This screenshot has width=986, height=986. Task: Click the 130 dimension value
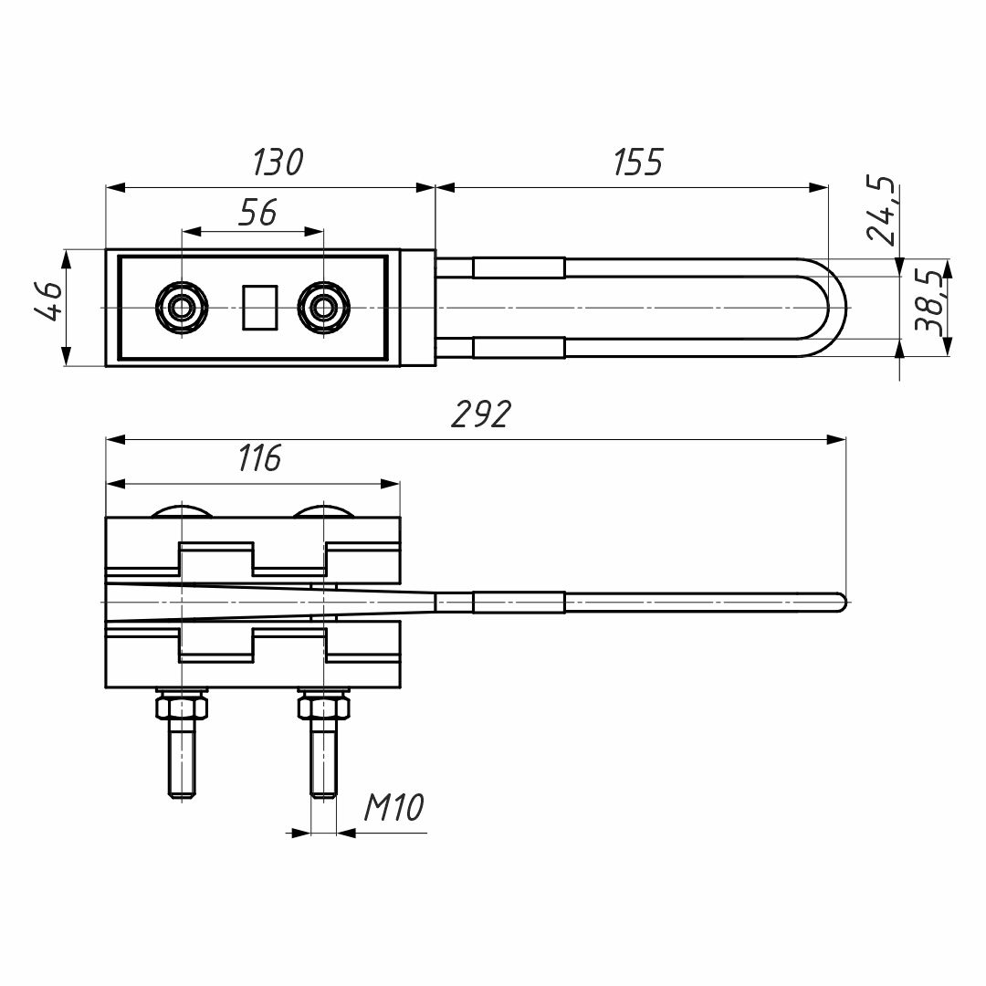pyautogui.click(x=278, y=163)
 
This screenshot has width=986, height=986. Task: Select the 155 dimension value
pyautogui.click(x=636, y=163)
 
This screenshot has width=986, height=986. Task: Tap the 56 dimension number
pyautogui.click(x=257, y=212)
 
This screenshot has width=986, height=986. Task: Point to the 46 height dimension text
pyautogui.click(x=48, y=302)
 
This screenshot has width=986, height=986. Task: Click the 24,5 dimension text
pyautogui.click(x=880, y=211)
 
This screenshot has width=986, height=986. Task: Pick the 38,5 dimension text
pyautogui.click(x=928, y=302)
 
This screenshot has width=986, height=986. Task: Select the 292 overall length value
pyautogui.click(x=480, y=414)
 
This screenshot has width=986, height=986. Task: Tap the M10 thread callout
pyautogui.click(x=393, y=808)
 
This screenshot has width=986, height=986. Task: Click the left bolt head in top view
pyautogui.click(x=183, y=308)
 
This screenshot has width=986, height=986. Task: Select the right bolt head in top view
pyautogui.click(x=323, y=308)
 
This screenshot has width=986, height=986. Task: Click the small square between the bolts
pyautogui.click(x=259, y=308)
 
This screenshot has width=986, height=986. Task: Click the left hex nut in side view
pyautogui.click(x=183, y=707)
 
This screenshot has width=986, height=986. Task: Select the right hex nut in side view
pyautogui.click(x=323, y=707)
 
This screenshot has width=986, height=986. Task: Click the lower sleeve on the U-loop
pyautogui.click(x=518, y=348)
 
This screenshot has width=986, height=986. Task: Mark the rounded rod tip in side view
pyautogui.click(x=842, y=601)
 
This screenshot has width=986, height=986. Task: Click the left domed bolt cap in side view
pyautogui.click(x=183, y=510)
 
